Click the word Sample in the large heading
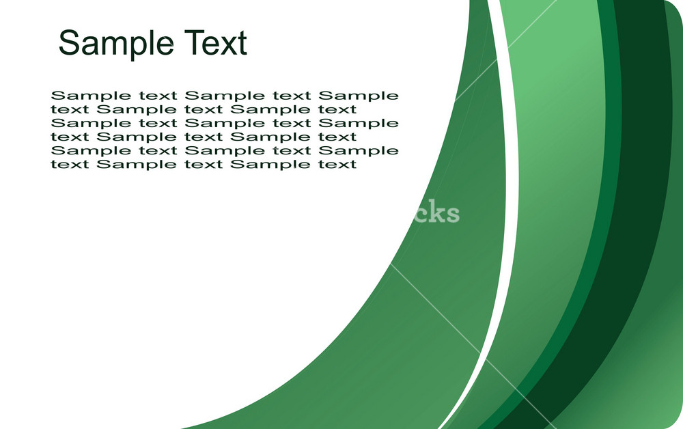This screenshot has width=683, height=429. [x=116, y=44]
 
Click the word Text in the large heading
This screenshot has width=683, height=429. [x=216, y=42]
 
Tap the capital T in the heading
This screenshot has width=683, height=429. [x=194, y=42]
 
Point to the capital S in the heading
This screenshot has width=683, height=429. [x=68, y=42]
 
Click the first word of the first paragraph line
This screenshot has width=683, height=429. [x=91, y=96]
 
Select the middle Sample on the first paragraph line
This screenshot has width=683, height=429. [x=225, y=96]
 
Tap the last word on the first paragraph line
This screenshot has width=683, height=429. [x=359, y=96]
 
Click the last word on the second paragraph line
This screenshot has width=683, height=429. [x=337, y=109]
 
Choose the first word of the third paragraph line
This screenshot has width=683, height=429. [x=91, y=123]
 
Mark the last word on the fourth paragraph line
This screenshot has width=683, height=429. [x=337, y=137]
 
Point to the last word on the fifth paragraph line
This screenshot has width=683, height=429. [x=359, y=151]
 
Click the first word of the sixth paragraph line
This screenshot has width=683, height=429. [x=70, y=164]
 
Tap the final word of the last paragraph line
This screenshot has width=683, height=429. [x=337, y=164]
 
